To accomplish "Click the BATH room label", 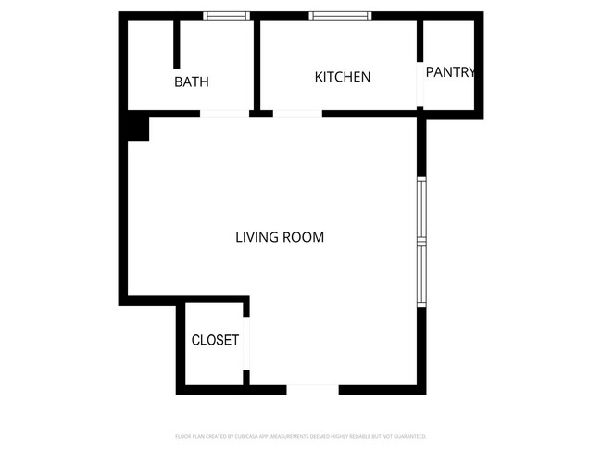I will coord(192,82).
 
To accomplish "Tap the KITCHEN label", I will coord(343,77).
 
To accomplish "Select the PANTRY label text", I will coord(450,72).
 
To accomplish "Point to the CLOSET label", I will coord(215,340).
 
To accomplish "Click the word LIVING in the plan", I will coord(256,237).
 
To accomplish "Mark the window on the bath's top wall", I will coord(227,16).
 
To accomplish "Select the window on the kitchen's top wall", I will coord(340,16).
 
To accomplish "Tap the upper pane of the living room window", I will coord(421,208).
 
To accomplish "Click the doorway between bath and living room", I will coord(224,114).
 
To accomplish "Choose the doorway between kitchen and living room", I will coord(297,114).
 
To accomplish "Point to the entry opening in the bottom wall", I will coord(312,389).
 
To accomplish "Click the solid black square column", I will coord(137,127).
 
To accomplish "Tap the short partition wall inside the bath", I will coord(176,44).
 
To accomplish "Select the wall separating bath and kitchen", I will coord(256,65).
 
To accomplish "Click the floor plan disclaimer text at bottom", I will coord(300,436).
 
